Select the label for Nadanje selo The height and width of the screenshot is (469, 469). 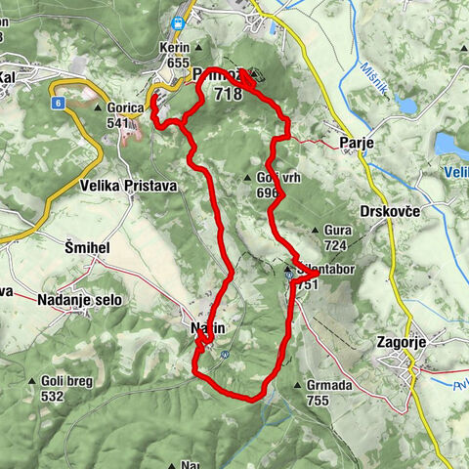(80, 300)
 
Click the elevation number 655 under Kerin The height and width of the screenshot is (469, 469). (177, 62)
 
